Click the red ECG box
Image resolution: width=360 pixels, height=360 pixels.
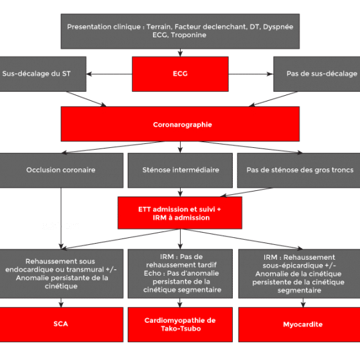(x=180, y=74)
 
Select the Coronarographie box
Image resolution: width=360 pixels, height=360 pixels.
(x=180, y=124)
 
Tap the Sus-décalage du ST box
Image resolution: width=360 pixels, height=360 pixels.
(x=43, y=74)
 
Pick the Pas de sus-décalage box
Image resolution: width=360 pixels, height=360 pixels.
(x=317, y=74)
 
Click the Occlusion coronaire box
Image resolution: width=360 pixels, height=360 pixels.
(x=61, y=170)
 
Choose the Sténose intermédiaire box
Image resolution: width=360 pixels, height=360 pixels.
(x=180, y=170)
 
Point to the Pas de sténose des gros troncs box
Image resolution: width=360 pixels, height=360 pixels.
(x=299, y=170)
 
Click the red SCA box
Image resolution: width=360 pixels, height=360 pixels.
(x=61, y=325)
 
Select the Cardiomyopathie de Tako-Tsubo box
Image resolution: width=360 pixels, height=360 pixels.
(x=180, y=325)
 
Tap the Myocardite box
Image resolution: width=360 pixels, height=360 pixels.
(x=300, y=325)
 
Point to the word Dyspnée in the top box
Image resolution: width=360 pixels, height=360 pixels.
(x=278, y=27)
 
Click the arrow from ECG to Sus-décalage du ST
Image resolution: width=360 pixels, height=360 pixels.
(x=109, y=74)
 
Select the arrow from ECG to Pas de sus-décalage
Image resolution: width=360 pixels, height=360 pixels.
(x=251, y=74)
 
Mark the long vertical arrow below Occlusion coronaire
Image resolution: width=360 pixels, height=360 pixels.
(x=61, y=219)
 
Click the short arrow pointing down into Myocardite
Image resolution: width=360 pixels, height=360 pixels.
(x=303, y=303)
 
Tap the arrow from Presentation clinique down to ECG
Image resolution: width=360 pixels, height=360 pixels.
(x=180, y=53)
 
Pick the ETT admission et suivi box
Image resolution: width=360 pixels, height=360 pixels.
(x=180, y=213)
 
